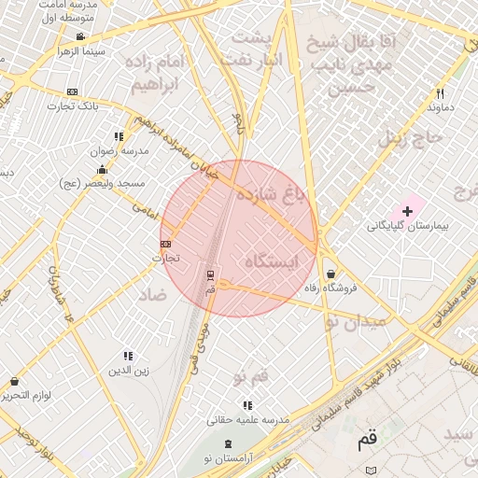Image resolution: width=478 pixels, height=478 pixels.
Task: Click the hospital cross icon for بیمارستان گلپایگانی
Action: coord(407,212)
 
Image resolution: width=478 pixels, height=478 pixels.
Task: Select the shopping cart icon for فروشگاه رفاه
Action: coord(331,274)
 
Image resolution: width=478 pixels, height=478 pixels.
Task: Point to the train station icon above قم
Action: coord(210,275)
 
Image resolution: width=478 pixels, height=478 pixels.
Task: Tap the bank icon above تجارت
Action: coord(166,245)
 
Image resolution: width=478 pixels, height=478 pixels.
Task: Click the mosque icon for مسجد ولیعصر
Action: coord(102,170)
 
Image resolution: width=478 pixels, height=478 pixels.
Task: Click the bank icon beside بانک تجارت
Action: coord(72,91)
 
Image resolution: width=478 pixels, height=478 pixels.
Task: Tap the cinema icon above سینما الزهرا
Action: coord(80,37)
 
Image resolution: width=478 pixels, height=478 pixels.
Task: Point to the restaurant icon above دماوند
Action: coord(440,93)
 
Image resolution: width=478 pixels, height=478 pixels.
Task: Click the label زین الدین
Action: coord(129,370)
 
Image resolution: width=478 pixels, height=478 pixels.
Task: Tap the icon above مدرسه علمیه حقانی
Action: coord(246,405)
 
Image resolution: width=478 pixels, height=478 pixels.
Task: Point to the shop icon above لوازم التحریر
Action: coord(14,381)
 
